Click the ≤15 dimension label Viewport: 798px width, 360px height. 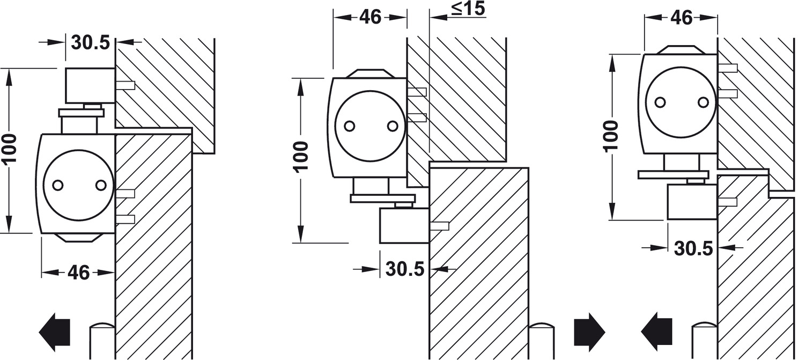click(468, 9)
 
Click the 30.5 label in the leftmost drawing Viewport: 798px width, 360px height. click(91, 43)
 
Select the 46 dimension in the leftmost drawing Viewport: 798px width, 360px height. click(78, 273)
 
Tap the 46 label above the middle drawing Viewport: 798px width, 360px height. click(371, 17)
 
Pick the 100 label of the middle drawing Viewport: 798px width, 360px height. click(301, 156)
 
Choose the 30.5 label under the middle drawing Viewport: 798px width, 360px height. click(405, 269)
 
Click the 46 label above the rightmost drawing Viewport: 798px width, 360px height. click(682, 18)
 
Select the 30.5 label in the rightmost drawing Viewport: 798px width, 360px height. click(693, 248)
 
